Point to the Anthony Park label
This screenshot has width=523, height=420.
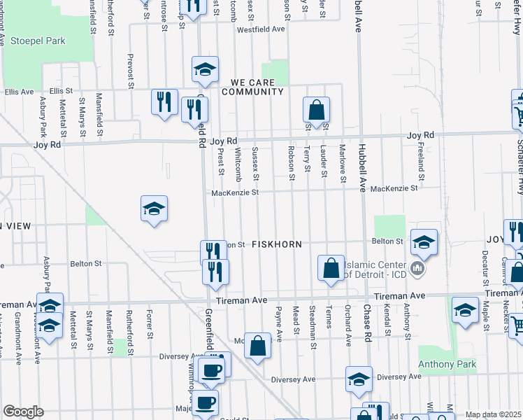coord(447,365)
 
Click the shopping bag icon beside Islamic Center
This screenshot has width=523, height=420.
coord(331,268)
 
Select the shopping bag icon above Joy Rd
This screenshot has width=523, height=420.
coord(316,110)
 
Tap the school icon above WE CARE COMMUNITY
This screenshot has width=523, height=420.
coord(206,69)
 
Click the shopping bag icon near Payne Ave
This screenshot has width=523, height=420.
coord(257,345)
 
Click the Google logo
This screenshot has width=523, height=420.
coord(23,412)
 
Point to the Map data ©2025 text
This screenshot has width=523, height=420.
coord(493,414)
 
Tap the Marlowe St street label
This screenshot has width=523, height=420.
coord(343,167)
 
